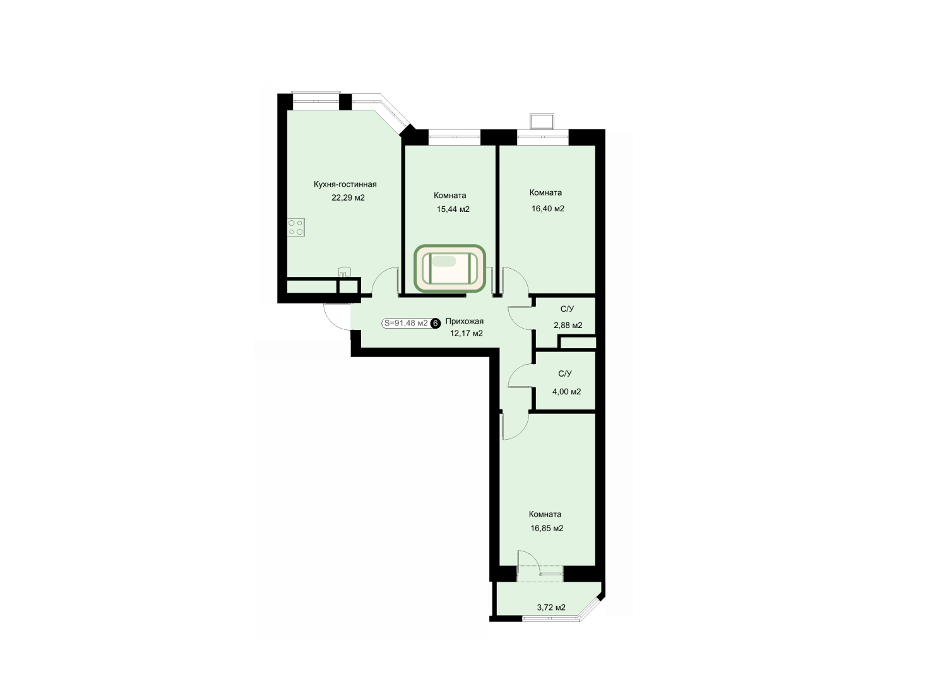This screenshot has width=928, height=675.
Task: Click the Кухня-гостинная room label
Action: (x=345, y=184)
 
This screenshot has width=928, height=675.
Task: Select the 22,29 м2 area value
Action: (x=348, y=198)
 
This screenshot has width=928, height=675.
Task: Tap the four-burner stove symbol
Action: (x=296, y=227)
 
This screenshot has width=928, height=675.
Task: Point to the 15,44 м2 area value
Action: (x=453, y=209)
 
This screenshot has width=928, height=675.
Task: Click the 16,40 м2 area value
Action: (x=548, y=209)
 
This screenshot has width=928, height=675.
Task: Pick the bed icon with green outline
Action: (x=449, y=268)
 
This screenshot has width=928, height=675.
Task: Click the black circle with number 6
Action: (x=435, y=324)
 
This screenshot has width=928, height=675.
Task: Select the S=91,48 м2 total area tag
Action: (x=405, y=324)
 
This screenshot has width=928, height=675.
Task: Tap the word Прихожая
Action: (x=465, y=321)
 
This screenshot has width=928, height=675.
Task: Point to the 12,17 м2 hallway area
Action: (x=467, y=333)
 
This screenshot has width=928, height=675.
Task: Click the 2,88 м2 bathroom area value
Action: (x=568, y=326)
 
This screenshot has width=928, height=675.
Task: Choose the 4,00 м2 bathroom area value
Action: (x=567, y=392)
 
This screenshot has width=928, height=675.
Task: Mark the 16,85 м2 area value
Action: (x=547, y=529)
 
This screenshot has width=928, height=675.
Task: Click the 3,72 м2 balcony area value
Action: (x=551, y=607)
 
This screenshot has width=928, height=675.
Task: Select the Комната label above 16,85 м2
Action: (x=545, y=514)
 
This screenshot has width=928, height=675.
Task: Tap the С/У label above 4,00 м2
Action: (x=565, y=374)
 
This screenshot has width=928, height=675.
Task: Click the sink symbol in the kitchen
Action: (x=344, y=272)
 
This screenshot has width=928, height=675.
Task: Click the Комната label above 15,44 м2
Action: (x=450, y=196)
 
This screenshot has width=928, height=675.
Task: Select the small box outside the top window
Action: (x=542, y=121)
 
